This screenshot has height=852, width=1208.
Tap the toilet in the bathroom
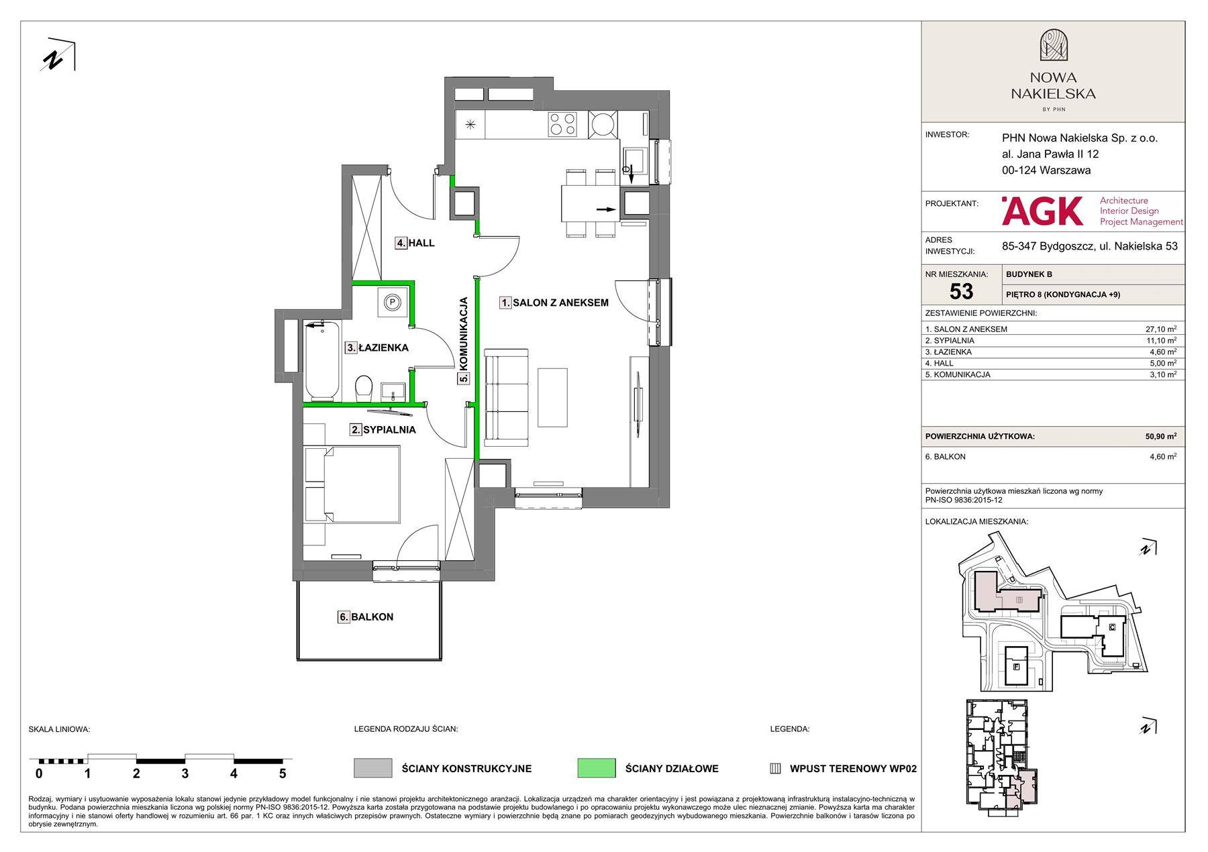[364, 387]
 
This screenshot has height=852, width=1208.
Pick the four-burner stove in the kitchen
[562, 124]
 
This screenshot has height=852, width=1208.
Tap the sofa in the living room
[507, 398]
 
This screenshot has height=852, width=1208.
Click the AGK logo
[1042, 211]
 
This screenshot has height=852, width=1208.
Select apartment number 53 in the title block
[961, 291]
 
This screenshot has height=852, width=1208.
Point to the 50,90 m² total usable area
[1160, 436]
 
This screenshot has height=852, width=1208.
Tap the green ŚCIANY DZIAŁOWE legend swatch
[596, 768]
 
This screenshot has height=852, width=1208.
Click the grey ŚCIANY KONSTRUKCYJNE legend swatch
[372, 768]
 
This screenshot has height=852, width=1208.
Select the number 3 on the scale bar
[185, 774]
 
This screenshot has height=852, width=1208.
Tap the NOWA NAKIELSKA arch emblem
[1053, 46]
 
